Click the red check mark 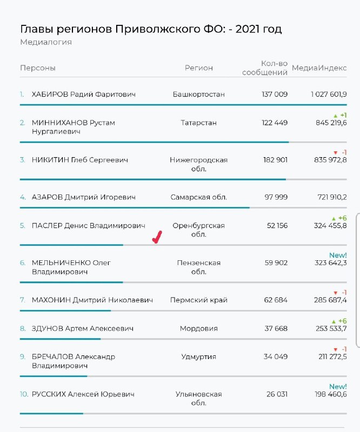[x=157, y=238]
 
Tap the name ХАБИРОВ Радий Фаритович [x=84, y=94]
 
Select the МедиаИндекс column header [x=319, y=68]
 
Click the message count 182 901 [x=275, y=160]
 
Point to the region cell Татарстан [x=198, y=123]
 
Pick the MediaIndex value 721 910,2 [x=332, y=197]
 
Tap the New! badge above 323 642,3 [x=338, y=255]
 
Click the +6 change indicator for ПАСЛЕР [x=339, y=218]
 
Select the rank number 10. [x=24, y=394]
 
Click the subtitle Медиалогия [x=46, y=42]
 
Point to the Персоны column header [x=38, y=68]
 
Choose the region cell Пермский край [x=198, y=300]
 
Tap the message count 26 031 [x=277, y=394]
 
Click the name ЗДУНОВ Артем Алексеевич [x=83, y=328]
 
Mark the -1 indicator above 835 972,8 [x=340, y=153]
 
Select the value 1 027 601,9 [x=329, y=94]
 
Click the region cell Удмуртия [x=198, y=356]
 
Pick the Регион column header [x=198, y=68]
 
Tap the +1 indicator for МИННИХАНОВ [x=340, y=115]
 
